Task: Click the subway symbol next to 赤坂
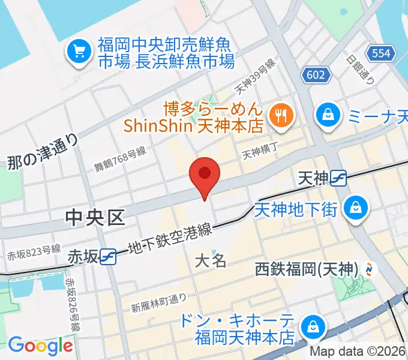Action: pyautogui.click(x=109, y=256)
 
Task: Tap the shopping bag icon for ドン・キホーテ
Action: pyautogui.click(x=313, y=327)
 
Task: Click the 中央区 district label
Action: pyautogui.click(x=97, y=218)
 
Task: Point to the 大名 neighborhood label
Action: pyautogui.click(x=211, y=260)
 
